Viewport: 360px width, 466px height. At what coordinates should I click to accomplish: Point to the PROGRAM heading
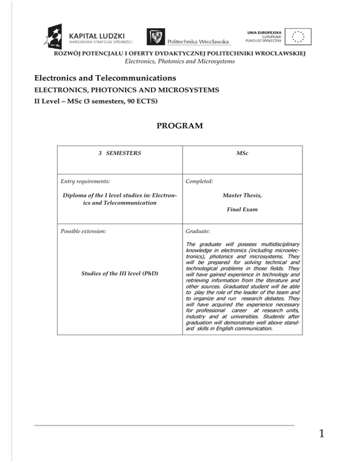(x=180, y=126)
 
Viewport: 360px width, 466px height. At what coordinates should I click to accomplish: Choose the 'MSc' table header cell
(x=242, y=153)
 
